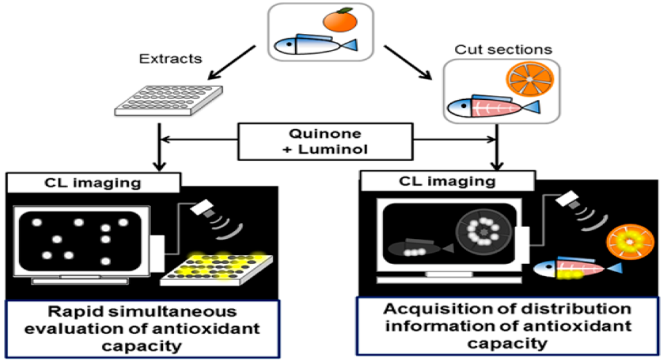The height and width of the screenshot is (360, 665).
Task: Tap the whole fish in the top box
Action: [313, 45]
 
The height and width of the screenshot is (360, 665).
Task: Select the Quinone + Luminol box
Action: [327, 141]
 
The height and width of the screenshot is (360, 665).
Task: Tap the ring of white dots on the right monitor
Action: [484, 231]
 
